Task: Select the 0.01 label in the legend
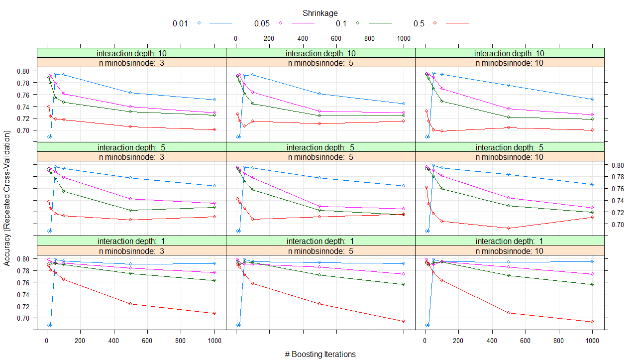(180, 23)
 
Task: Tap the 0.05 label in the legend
(262, 23)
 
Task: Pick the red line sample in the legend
(457, 23)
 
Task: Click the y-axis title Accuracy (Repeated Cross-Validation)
(7, 198)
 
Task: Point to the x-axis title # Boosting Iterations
(320, 354)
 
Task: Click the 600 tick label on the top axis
(336, 38)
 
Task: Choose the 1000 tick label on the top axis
(403, 38)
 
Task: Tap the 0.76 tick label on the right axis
(614, 189)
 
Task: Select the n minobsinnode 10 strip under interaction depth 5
(509, 157)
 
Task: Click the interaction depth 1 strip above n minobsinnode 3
(132, 241)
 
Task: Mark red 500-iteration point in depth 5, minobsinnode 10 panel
(508, 228)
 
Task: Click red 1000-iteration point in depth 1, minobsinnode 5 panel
(403, 321)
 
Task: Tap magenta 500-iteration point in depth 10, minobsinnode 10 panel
(508, 109)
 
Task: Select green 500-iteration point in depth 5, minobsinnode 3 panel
(130, 210)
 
